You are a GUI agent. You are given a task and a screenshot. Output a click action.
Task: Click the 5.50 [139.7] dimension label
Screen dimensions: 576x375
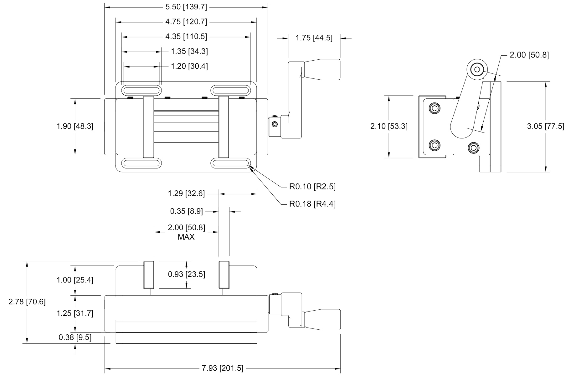point(186,7)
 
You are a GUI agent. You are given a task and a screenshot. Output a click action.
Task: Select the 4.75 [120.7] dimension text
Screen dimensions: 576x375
point(186,22)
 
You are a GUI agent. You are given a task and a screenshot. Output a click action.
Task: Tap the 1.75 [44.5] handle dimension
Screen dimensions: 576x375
point(314,38)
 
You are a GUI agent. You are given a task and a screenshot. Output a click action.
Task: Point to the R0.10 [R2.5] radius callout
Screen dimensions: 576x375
point(312,187)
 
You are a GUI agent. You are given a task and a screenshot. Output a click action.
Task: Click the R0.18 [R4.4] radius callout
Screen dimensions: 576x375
point(312,204)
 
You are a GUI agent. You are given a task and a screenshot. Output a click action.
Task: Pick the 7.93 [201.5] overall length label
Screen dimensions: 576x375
point(222,368)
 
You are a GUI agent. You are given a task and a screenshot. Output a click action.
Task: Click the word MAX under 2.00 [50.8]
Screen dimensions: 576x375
point(186,237)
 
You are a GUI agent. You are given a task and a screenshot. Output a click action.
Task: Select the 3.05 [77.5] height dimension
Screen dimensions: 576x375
point(546,126)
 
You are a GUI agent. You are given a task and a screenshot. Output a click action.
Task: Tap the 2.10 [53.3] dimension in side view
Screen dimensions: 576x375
point(389,126)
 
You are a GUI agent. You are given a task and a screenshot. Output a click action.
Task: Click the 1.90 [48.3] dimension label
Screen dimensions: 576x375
point(75,126)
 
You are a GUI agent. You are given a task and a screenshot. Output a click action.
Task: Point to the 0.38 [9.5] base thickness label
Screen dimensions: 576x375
point(75,337)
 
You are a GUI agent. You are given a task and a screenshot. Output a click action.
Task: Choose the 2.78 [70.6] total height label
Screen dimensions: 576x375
point(27,302)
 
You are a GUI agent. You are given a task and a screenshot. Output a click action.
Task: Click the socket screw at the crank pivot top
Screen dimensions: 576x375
point(477,70)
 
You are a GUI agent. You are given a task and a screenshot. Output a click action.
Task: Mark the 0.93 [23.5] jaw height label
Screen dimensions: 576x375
point(187,274)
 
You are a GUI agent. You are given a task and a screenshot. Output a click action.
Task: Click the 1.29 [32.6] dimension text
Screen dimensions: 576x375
point(186,194)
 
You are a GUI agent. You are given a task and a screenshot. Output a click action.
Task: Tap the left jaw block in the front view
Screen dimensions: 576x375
point(149,275)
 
